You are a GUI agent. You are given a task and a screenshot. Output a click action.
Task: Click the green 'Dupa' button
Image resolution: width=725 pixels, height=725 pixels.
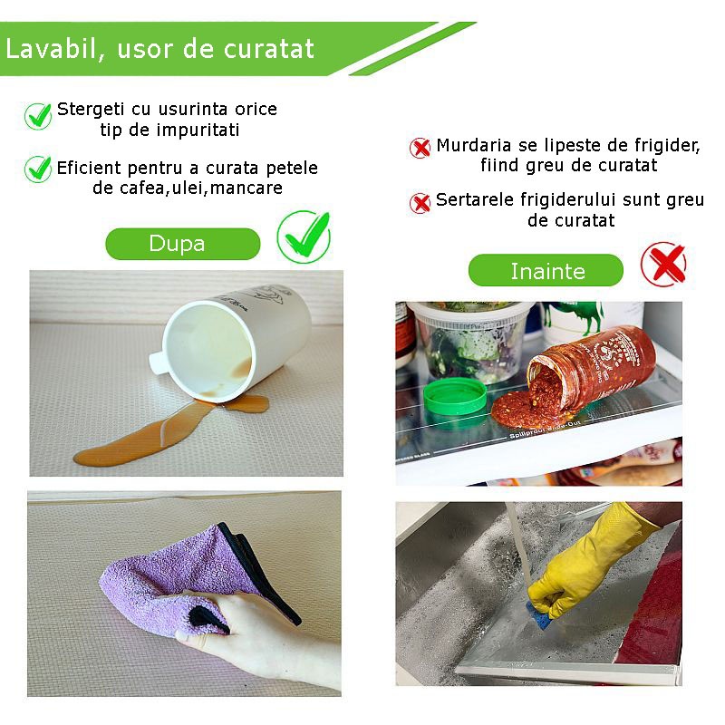tap(183, 244)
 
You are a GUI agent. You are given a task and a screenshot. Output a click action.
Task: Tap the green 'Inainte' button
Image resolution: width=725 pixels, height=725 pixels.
tap(546, 270)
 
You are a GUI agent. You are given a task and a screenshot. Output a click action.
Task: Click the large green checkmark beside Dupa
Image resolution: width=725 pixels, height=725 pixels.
tap(304, 237)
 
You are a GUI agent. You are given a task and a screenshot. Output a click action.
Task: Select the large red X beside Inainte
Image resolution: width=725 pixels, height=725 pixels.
tap(664, 264)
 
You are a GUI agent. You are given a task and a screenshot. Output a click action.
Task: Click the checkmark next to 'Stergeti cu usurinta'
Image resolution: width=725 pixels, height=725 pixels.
tap(38, 116)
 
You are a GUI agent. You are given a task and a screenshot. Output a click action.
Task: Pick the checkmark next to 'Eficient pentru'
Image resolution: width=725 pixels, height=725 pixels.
tap(38, 169)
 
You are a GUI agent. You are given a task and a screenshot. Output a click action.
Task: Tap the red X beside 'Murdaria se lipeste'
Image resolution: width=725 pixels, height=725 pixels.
tap(420, 148)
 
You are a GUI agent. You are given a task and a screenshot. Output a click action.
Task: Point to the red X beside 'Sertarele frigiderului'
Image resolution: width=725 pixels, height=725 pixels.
tap(420, 203)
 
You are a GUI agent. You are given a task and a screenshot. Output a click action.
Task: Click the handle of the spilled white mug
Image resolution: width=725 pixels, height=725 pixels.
tap(158, 363)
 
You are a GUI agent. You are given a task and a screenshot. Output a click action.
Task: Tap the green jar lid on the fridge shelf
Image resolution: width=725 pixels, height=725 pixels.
tap(456, 396)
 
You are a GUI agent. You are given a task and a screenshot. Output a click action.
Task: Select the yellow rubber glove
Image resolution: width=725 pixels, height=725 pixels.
tap(592, 559)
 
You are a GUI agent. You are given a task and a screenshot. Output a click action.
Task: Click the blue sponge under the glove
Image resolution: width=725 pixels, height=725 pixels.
tap(539, 609)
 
